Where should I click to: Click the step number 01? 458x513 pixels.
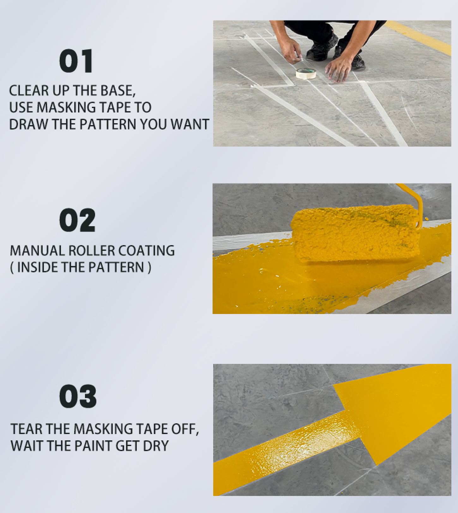(x=76, y=61)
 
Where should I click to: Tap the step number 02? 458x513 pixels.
(x=77, y=220)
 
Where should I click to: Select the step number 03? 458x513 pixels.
(x=78, y=396)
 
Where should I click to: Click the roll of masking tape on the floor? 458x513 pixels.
(x=306, y=74)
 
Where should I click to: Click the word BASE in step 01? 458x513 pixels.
(x=118, y=91)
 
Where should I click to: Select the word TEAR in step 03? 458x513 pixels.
(x=27, y=429)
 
